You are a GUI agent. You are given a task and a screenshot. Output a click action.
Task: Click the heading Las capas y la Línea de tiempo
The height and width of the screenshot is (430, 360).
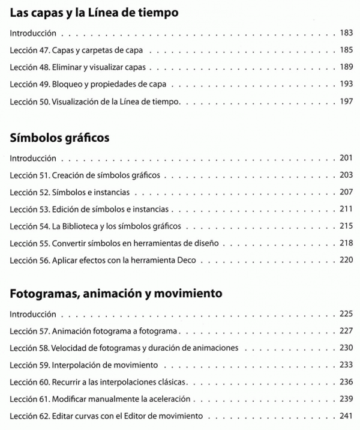94,12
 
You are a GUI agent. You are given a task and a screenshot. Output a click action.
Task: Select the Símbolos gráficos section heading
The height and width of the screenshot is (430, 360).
60,138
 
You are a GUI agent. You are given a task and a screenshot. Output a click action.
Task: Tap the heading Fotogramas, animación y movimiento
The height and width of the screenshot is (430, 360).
116,294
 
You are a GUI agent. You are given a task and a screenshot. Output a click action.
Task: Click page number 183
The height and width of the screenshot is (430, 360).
346,34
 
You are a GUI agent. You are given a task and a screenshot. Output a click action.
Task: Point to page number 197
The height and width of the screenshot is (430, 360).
346,101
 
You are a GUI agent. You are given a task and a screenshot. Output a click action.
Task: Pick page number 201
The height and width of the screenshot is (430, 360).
346,159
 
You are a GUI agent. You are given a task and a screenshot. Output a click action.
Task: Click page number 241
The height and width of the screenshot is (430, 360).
346,416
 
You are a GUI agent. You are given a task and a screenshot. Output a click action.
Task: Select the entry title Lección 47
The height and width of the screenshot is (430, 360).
25,50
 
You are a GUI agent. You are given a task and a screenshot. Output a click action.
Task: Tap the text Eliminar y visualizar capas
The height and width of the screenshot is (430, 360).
99,67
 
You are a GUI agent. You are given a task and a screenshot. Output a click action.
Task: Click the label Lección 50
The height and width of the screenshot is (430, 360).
25,101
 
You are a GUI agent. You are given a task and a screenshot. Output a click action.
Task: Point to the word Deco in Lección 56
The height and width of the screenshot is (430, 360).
195,261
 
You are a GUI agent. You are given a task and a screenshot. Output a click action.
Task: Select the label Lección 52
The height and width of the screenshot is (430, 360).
25,193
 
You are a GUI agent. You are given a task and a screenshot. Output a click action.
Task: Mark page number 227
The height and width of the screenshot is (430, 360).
346,331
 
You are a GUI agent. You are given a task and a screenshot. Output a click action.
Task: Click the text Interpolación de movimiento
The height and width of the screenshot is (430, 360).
106,365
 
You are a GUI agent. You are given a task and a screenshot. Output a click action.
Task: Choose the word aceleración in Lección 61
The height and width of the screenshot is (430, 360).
170,399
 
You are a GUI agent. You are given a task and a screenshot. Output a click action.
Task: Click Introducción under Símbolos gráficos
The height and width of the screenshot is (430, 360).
34,159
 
